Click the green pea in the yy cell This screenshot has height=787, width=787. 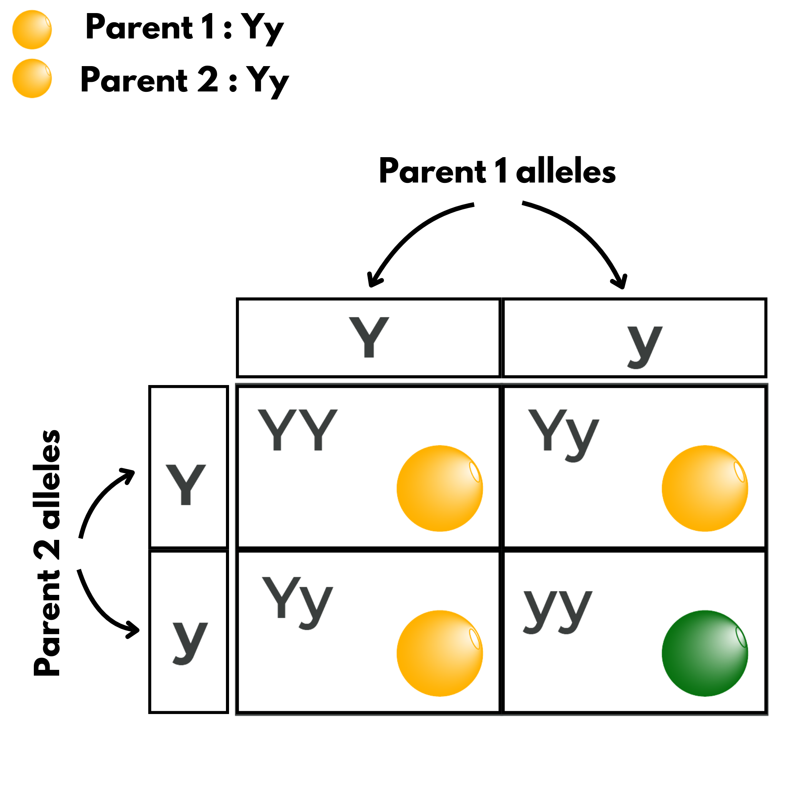705,653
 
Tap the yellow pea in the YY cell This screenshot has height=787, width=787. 440,488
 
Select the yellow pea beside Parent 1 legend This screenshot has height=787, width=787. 32,30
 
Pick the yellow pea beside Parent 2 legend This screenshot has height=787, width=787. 32,79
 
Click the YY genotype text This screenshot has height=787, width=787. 298,430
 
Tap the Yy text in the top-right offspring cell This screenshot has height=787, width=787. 564,435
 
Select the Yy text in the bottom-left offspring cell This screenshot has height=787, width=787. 298,603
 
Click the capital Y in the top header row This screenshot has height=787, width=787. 369,337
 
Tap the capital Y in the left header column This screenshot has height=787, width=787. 186,484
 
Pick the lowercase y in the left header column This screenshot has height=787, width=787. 190,644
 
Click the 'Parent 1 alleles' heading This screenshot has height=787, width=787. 497,171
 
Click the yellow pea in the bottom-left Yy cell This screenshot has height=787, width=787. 440,653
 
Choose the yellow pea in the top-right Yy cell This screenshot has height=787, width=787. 705,488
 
